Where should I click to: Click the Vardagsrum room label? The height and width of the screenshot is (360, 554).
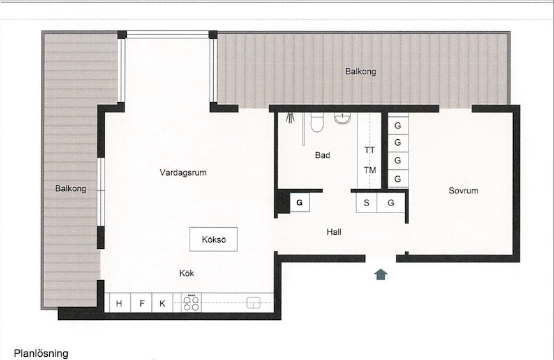click(183, 173)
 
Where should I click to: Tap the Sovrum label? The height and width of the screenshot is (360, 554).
click(463, 191)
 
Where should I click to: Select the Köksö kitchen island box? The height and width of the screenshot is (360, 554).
click(213, 239)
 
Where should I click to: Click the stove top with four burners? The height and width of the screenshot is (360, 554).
click(191, 303)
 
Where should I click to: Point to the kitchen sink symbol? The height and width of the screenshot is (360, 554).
click(253, 303)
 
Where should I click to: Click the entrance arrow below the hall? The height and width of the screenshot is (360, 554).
click(381, 274)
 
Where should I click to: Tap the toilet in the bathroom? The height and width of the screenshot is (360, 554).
click(317, 122)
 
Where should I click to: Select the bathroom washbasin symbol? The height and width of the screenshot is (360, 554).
click(342, 118)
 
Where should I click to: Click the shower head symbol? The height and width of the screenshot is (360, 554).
click(290, 117)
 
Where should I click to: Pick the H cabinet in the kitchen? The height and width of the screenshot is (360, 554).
click(119, 303)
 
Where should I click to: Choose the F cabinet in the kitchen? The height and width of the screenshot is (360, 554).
click(141, 303)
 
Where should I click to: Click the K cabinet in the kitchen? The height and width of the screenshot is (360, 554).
click(163, 303)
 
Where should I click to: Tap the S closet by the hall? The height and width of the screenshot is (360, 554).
click(366, 203)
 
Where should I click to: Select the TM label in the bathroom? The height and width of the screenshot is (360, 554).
click(370, 170)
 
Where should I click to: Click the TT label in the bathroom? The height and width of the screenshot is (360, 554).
click(370, 150)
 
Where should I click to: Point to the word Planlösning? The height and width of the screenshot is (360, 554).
click(41, 353)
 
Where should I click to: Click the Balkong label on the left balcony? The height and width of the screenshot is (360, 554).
click(71, 189)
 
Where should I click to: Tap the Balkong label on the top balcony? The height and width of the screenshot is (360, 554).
click(361, 71)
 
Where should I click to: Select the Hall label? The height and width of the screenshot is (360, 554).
click(334, 232)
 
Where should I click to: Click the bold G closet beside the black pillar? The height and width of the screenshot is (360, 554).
click(299, 202)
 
